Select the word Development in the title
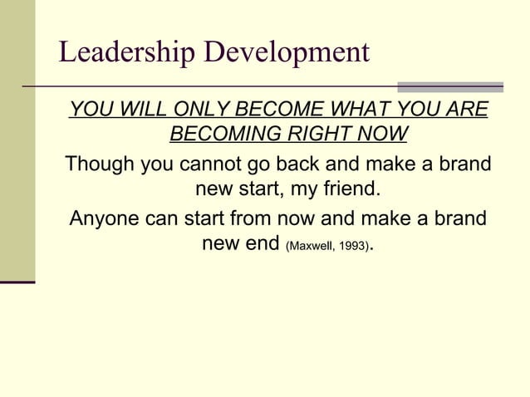287,54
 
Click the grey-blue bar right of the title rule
450,86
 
